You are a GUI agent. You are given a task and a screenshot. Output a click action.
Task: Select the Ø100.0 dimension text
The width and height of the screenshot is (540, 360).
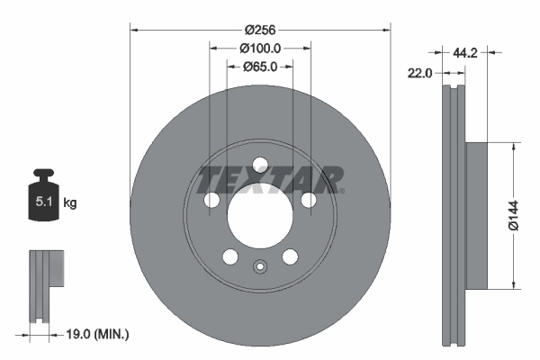(x=261, y=49)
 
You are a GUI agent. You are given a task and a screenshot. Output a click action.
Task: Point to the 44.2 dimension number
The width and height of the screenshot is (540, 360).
(x=464, y=53)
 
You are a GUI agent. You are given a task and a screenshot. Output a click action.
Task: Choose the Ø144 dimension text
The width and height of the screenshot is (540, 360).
(x=513, y=215)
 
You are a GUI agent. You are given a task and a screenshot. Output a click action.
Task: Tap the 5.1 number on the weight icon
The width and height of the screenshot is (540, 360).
(x=43, y=202)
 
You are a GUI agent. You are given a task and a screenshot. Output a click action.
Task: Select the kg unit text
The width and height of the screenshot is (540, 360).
(x=70, y=202)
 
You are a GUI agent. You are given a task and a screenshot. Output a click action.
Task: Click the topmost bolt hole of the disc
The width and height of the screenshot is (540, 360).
(x=261, y=165)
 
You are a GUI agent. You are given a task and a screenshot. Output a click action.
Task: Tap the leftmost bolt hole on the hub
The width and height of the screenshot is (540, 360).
(x=213, y=200)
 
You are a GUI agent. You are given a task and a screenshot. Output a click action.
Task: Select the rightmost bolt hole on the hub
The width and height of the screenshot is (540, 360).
(x=309, y=200)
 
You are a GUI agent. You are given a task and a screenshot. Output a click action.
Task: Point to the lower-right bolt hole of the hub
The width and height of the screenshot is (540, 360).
(x=290, y=256)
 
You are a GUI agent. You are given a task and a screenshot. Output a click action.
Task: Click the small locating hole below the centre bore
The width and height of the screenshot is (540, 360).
(x=261, y=266)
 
